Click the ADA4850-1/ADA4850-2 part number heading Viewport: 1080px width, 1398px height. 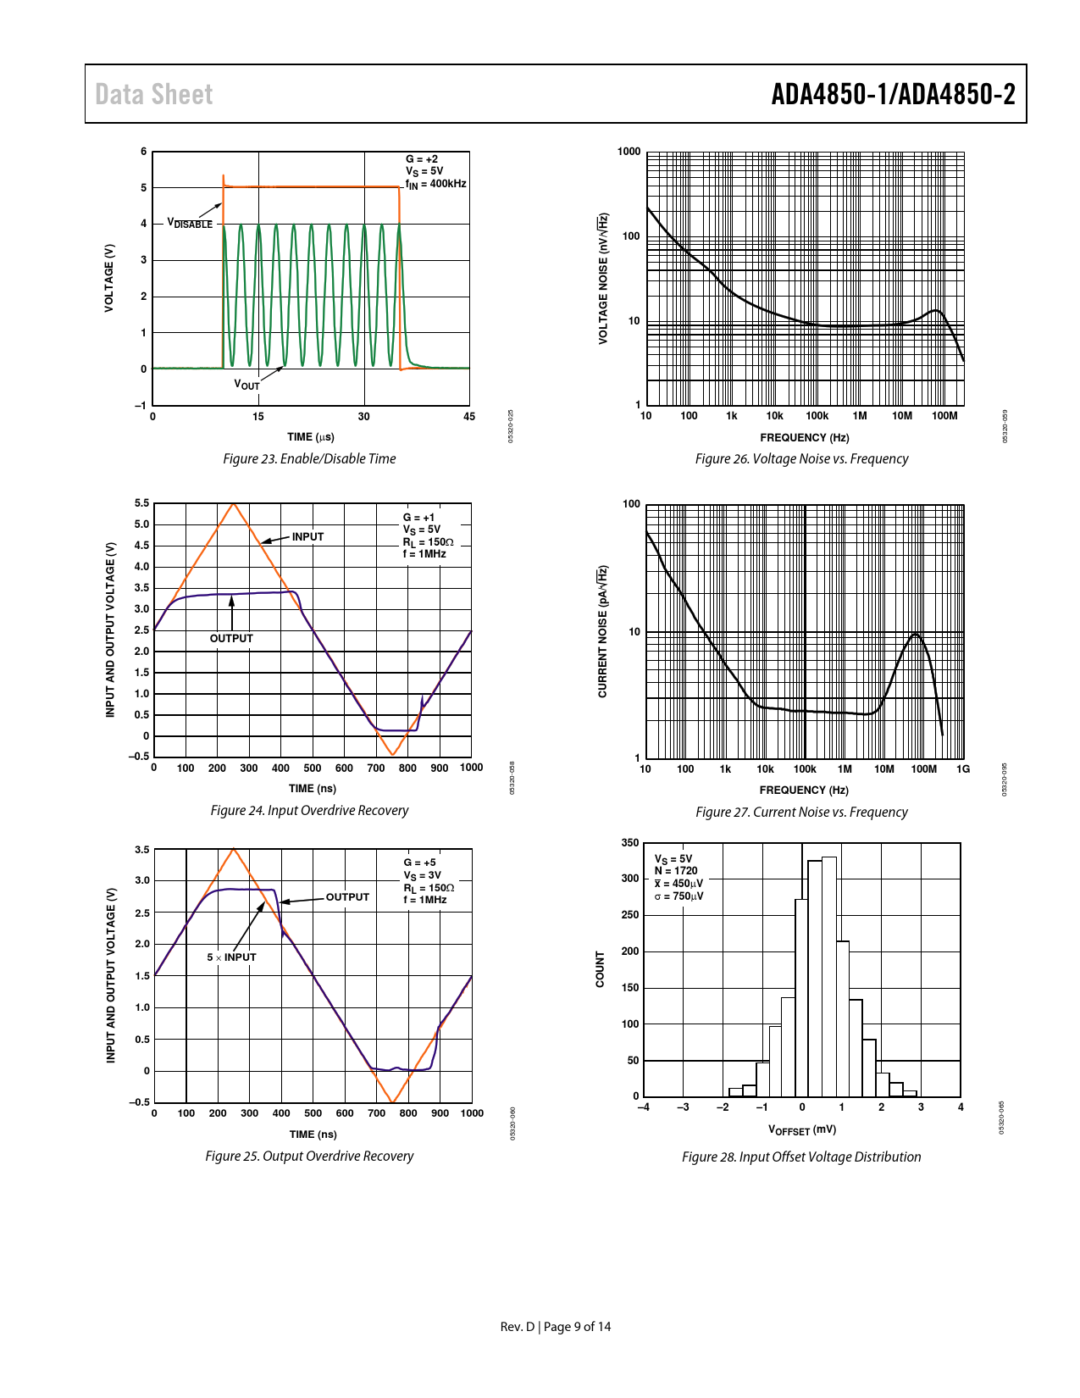[893, 94]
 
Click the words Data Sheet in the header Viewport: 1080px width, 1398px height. [153, 94]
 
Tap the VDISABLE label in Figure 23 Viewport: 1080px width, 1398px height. [190, 224]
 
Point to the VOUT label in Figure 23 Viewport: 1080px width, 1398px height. [246, 385]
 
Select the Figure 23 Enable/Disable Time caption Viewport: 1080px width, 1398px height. [309, 458]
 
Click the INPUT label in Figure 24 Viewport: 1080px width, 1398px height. [307, 536]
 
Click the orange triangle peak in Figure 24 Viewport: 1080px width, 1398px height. [233, 505]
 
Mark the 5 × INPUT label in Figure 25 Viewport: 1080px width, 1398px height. [231, 957]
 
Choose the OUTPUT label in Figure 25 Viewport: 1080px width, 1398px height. [347, 896]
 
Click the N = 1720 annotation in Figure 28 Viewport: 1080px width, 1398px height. [676, 870]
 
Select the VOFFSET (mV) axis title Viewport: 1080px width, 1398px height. [801, 1129]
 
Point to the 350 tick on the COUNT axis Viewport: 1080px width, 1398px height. [629, 843]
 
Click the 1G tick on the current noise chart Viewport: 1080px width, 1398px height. [963, 769]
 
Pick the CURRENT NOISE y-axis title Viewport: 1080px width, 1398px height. [602, 630]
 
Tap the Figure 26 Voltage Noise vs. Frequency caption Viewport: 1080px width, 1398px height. [801, 458]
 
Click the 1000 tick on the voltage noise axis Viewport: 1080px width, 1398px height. [629, 152]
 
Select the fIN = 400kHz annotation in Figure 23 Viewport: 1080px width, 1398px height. [435, 184]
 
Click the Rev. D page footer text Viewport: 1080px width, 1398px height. [555, 1327]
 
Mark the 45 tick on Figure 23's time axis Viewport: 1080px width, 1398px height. [469, 416]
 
